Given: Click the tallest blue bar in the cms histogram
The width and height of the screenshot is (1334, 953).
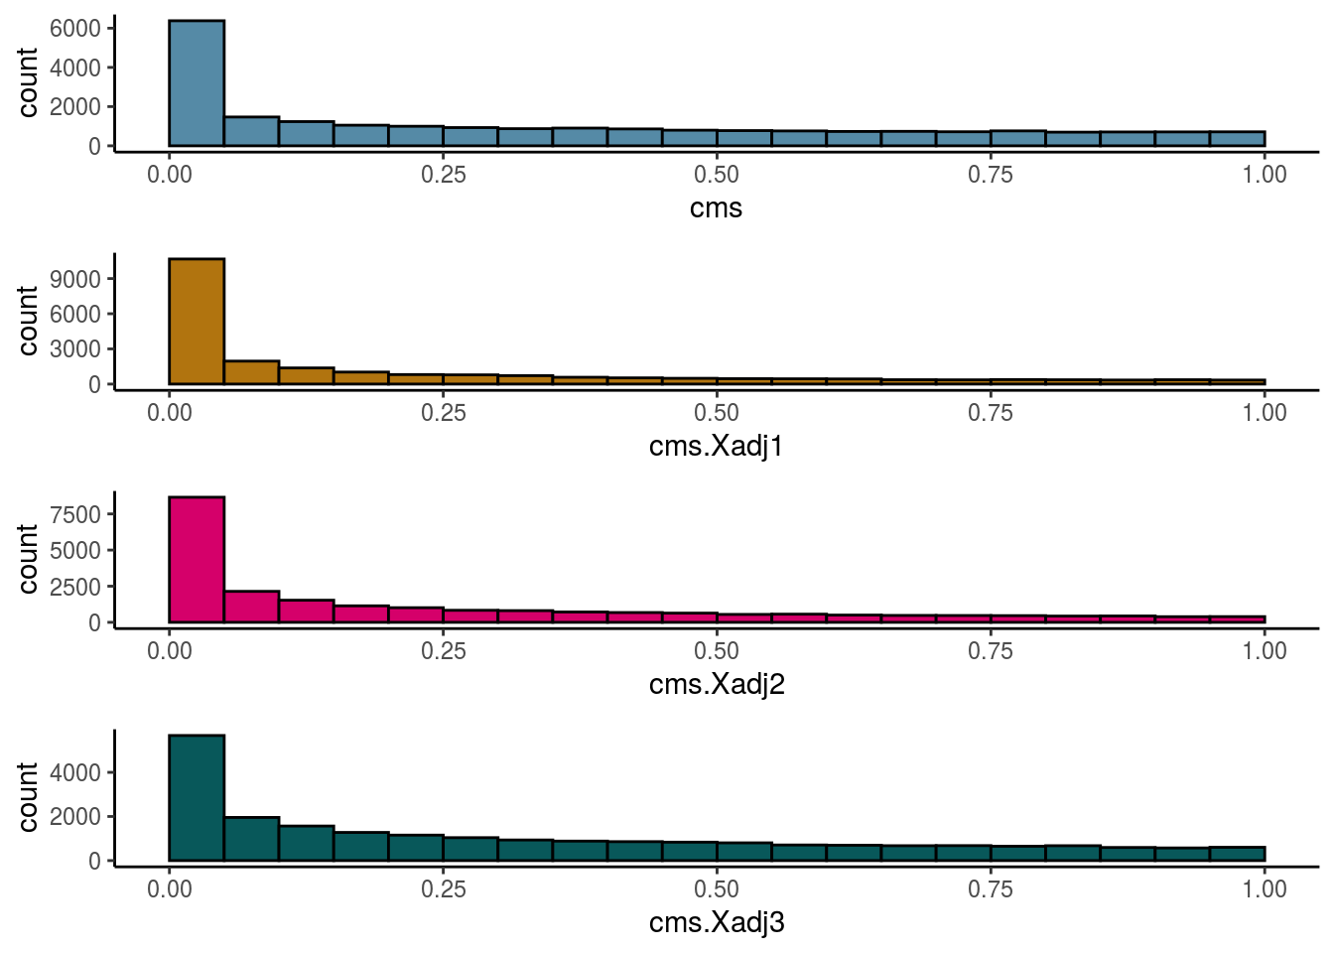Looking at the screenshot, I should pos(197,83).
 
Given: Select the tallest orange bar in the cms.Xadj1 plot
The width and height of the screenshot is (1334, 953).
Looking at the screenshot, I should pos(197,322).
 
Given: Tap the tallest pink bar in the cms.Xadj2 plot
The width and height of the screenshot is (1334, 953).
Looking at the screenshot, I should pos(197,560).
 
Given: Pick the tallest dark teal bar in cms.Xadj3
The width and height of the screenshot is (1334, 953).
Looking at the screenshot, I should pos(197,798).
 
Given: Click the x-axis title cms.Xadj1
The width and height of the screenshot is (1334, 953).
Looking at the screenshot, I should pos(716,447).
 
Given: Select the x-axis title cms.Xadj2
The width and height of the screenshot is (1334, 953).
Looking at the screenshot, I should pos(716,685).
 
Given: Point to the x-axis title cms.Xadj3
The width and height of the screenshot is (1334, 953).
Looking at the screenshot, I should pos(716,923).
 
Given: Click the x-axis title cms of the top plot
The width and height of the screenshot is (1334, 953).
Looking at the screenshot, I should pos(716,208).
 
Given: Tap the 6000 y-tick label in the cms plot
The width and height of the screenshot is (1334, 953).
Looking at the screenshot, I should pos(75,29).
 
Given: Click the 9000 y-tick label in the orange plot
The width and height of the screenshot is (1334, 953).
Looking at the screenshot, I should pos(75,280).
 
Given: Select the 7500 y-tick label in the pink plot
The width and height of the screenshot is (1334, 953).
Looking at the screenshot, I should pos(75,514).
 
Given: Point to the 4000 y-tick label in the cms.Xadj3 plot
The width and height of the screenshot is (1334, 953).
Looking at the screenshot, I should pos(75,772).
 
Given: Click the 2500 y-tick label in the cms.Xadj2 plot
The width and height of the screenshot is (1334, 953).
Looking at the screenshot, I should pos(75,587).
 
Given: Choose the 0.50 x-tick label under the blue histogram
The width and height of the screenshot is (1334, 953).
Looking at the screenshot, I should pos(716,175).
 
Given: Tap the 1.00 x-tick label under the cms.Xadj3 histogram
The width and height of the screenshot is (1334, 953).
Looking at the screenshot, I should pos(1264,889).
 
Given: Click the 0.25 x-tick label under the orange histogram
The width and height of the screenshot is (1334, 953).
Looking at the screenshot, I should pos(443,413).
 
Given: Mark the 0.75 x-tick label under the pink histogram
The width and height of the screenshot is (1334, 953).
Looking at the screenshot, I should pos(990,651).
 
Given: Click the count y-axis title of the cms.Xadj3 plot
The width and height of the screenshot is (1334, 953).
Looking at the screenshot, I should pos(28,797).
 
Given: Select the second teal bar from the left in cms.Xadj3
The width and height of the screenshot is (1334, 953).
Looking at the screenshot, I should pos(251,839).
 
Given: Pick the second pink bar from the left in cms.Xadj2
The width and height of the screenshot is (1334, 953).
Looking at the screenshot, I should pos(251,607).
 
